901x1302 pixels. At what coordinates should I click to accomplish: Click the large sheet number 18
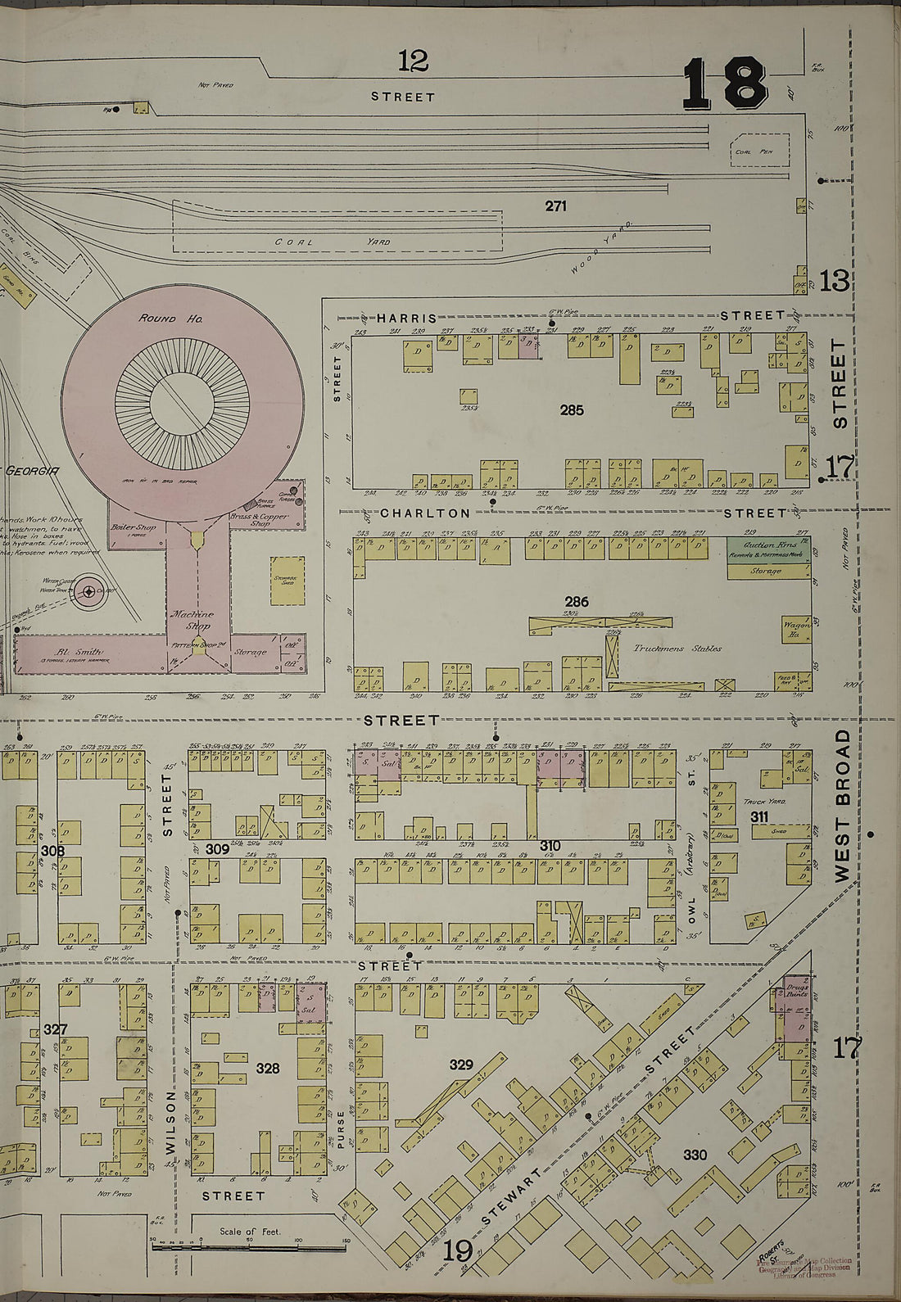tap(724, 83)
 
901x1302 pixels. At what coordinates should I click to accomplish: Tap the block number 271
tap(555, 206)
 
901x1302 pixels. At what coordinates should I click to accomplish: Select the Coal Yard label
tap(333, 242)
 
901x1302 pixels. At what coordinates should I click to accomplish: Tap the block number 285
tap(571, 409)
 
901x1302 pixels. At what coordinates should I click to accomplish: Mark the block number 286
tap(576, 602)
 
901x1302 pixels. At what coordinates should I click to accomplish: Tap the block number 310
tap(550, 844)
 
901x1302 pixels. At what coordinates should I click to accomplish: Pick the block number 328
tap(267, 1069)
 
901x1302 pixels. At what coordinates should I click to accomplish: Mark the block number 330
tap(695, 1155)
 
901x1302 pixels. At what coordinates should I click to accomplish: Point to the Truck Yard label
tap(758, 803)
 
